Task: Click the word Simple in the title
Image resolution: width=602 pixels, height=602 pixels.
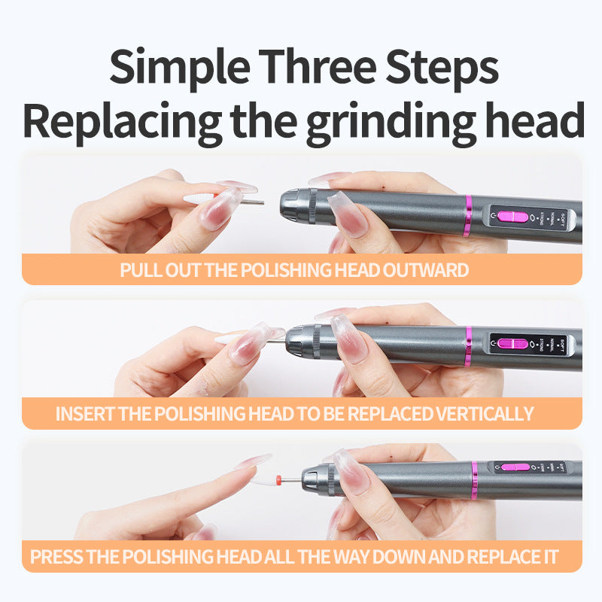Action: click(180, 68)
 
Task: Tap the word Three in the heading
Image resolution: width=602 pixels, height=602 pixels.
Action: click(318, 66)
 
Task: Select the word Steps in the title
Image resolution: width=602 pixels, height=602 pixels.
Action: click(442, 68)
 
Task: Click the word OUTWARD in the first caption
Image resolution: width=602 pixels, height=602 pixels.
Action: click(425, 270)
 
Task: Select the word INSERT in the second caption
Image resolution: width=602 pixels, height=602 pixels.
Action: click(85, 414)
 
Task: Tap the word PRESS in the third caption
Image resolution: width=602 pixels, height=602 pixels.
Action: click(56, 557)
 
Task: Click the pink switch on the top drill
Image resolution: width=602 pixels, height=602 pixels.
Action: click(512, 217)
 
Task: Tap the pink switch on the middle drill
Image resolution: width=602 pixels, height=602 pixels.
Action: click(513, 343)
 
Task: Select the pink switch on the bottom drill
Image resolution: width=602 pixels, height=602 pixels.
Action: click(515, 467)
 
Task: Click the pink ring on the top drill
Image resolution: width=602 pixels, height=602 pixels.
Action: click(467, 216)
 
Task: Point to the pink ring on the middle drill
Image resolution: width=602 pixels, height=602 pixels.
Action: click(468, 346)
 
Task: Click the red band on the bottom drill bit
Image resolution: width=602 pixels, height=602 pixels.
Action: click(278, 479)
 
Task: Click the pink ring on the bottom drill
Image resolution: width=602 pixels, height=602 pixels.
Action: click(475, 481)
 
